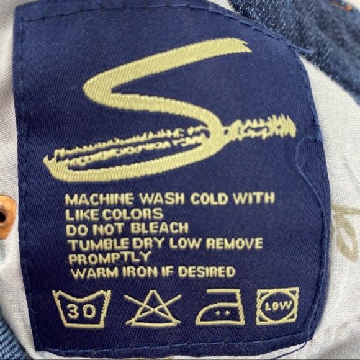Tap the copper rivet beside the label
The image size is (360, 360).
tap(6, 216)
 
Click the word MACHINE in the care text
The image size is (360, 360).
tap(99, 199)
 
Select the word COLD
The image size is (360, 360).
tap(209, 199)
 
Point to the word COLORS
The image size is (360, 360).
tap(132, 214)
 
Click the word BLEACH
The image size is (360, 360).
tap(160, 228)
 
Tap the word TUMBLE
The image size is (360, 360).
tap(99, 245)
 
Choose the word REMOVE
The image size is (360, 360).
tap(235, 243)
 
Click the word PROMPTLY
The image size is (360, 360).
tap(110, 258)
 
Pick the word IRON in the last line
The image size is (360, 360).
tap(140, 272)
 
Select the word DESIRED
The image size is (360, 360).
tap(207, 272)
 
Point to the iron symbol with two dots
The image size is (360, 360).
tap(220, 308)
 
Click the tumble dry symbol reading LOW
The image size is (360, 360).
tap(277, 306)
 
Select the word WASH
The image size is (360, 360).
tap(162, 199)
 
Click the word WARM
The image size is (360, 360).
tap(96, 272)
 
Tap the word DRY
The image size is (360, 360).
tap(149, 244)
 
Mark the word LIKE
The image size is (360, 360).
tap(81, 214)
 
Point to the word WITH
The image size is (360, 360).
tap(254, 198)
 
